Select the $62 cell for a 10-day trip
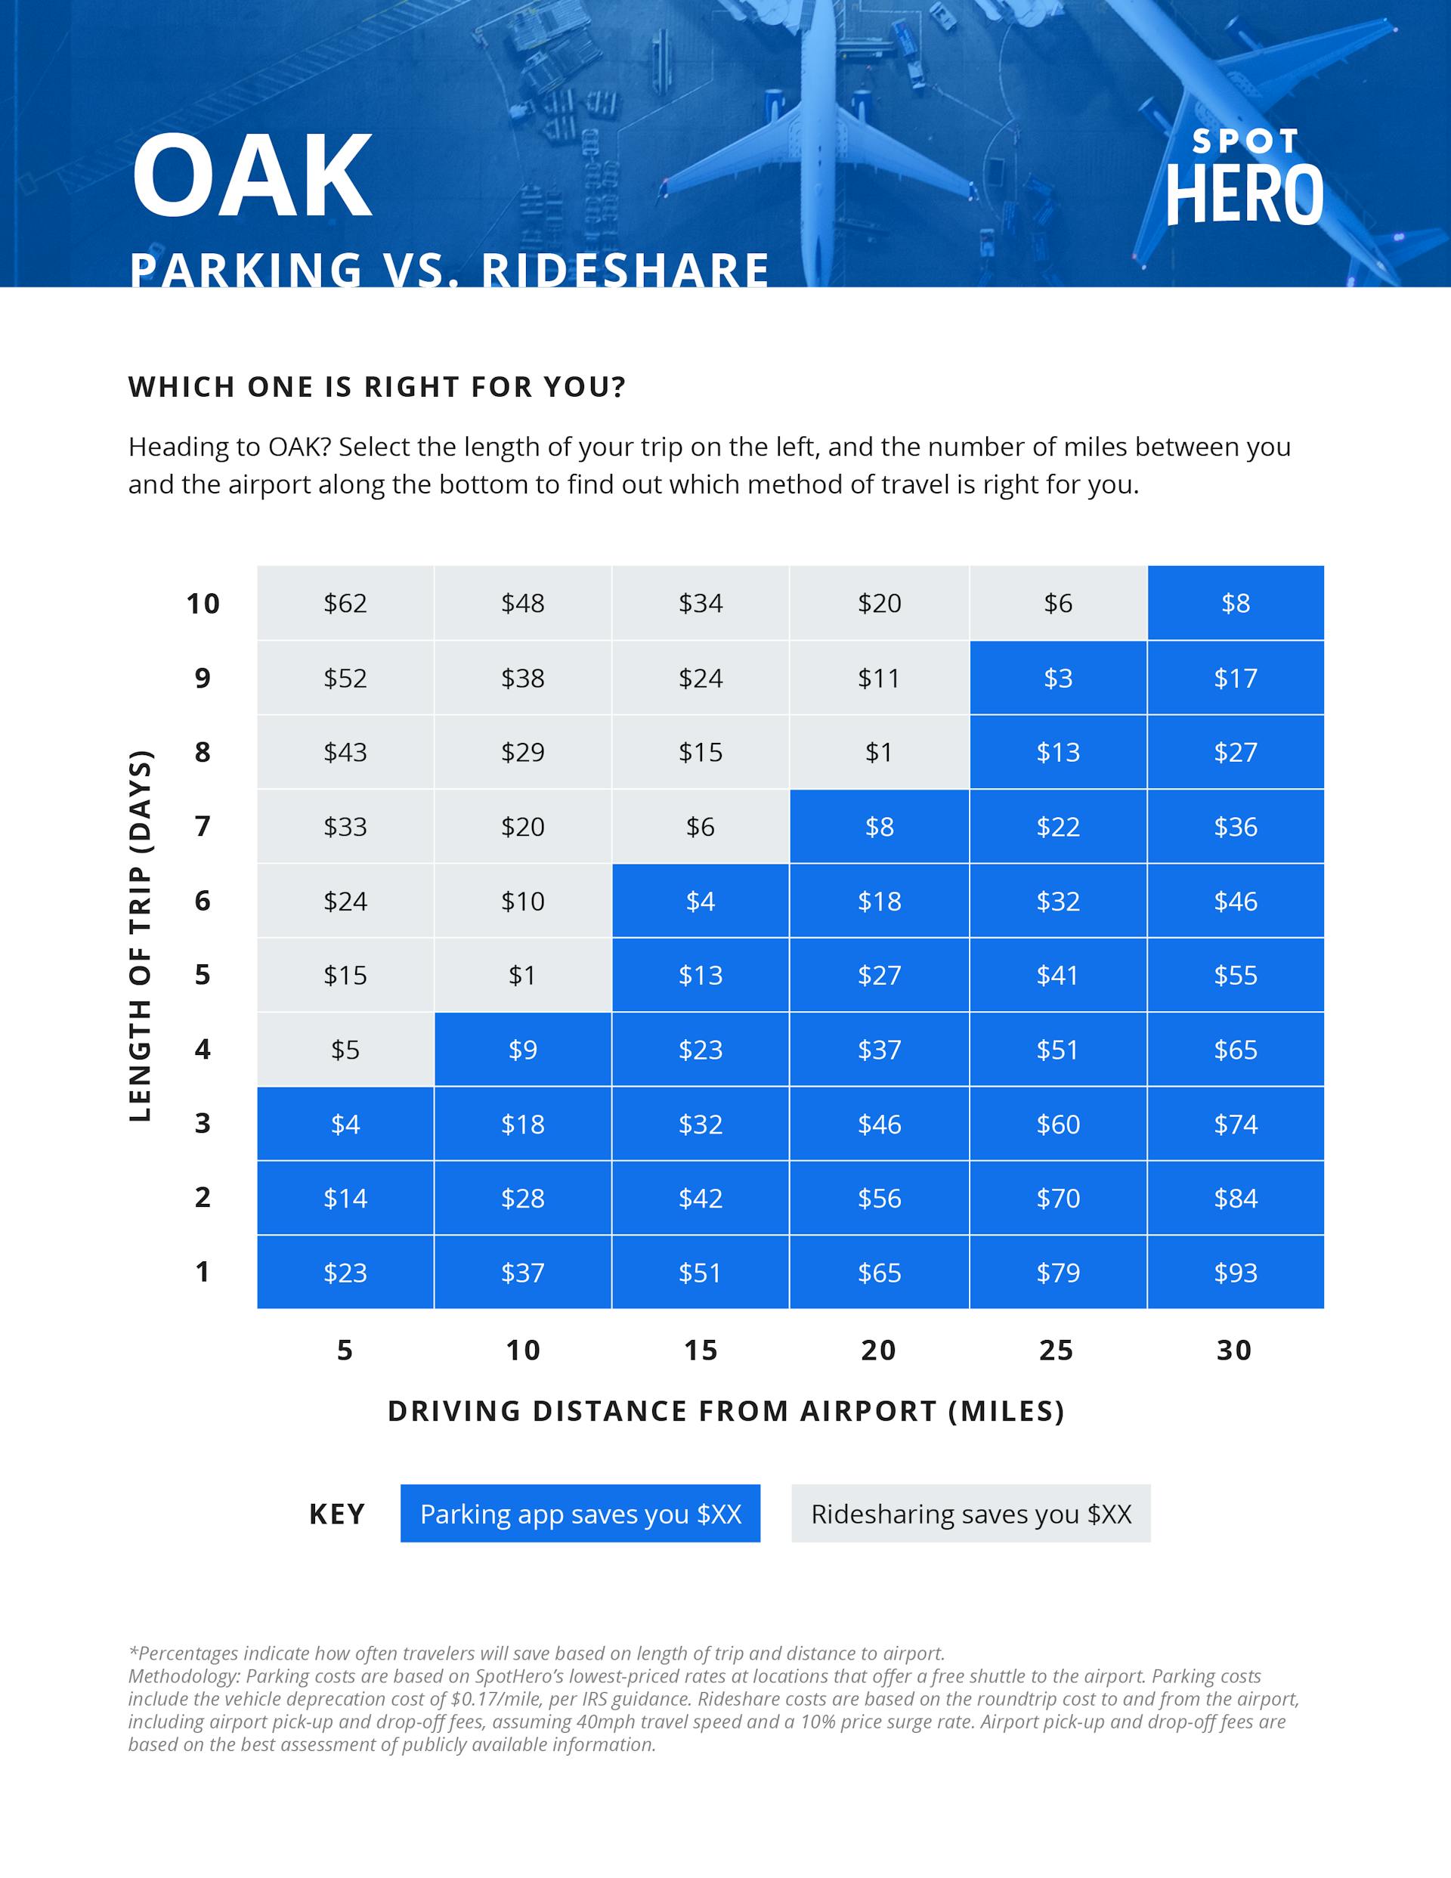click(x=345, y=604)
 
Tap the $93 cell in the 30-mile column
click(x=1235, y=1273)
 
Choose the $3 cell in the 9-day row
click(x=1057, y=679)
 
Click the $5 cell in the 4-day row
click(x=345, y=1050)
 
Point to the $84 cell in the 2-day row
click(x=1235, y=1199)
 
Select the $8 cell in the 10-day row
click(x=1235, y=604)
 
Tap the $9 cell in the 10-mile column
click(x=523, y=1050)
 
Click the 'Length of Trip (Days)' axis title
click(x=141, y=936)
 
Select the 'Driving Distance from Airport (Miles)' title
click(x=726, y=1411)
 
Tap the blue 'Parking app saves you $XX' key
click(x=580, y=1514)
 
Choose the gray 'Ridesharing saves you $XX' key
click(x=970, y=1514)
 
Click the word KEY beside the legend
click(x=337, y=1514)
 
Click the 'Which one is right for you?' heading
click(x=376, y=387)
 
